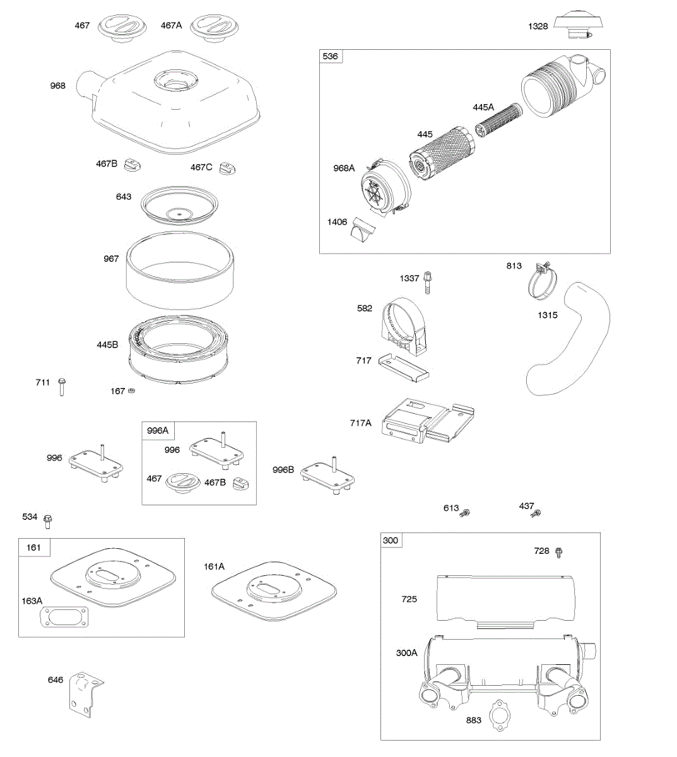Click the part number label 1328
[x=538, y=26]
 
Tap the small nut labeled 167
[x=132, y=391]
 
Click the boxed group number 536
[x=331, y=57]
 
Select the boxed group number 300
[x=391, y=541]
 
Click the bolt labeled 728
[x=558, y=553]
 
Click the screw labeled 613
[x=466, y=512]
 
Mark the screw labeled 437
[x=537, y=513]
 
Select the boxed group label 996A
[x=158, y=431]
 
